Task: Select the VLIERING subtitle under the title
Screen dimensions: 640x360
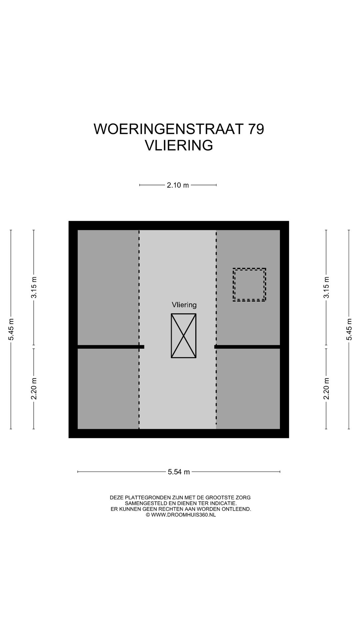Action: (179, 145)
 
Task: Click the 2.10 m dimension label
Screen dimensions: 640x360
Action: (178, 185)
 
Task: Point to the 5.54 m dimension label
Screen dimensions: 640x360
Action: (179, 472)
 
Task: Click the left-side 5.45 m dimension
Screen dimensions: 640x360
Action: (11, 329)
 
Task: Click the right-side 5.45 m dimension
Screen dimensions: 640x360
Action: (349, 329)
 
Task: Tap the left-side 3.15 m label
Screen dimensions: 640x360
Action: (34, 287)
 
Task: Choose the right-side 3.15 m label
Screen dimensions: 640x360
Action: (326, 287)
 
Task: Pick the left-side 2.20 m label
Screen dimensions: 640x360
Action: (34, 388)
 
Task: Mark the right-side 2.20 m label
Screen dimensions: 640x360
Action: (326, 388)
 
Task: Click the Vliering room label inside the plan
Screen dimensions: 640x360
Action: (184, 305)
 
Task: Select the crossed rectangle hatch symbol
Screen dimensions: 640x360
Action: (184, 336)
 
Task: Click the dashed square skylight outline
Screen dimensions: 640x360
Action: (249, 285)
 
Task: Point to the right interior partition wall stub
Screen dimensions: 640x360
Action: (247, 347)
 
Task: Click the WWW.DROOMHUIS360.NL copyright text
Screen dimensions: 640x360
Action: (183, 515)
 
